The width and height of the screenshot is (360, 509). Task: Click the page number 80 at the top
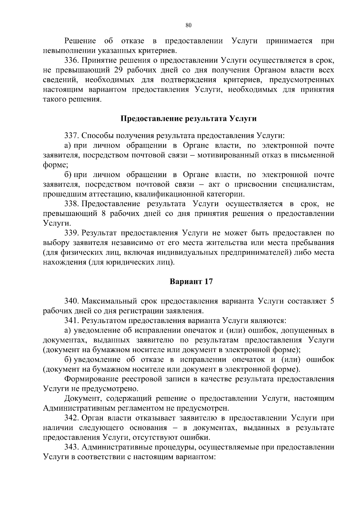188,25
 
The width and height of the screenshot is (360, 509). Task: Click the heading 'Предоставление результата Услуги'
188,119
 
